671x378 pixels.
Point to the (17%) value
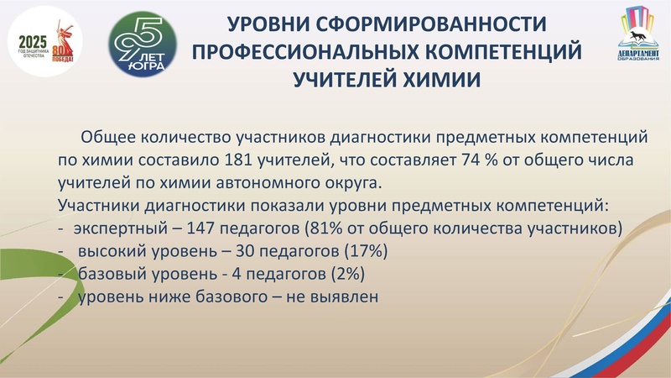(x=366, y=251)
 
